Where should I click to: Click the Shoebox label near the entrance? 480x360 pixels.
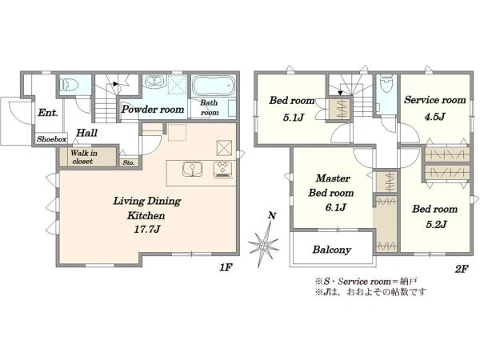pos(51,139)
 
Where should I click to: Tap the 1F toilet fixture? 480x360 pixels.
pos(69,84)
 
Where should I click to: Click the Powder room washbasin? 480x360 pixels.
pos(154,82)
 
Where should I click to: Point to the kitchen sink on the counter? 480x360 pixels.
pos(192,170)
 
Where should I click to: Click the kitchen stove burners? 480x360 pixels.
pos(222,170)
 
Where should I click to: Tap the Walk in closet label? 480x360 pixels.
pos(83,157)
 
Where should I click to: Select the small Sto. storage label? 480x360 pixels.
pos(129,163)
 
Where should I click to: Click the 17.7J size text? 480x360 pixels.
pos(147,230)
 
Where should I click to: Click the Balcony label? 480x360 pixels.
pos(331,250)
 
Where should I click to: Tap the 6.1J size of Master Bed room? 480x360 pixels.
pos(335,207)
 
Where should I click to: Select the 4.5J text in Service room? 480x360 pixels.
pos(434,117)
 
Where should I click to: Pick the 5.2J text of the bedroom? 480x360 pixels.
pos(436,224)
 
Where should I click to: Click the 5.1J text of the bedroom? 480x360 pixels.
pos(294,118)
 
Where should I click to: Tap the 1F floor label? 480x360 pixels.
pos(226,268)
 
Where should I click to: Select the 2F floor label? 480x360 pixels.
pos(462,269)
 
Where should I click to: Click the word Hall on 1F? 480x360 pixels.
pos(86,133)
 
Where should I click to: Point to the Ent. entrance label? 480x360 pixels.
pos(48,113)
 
